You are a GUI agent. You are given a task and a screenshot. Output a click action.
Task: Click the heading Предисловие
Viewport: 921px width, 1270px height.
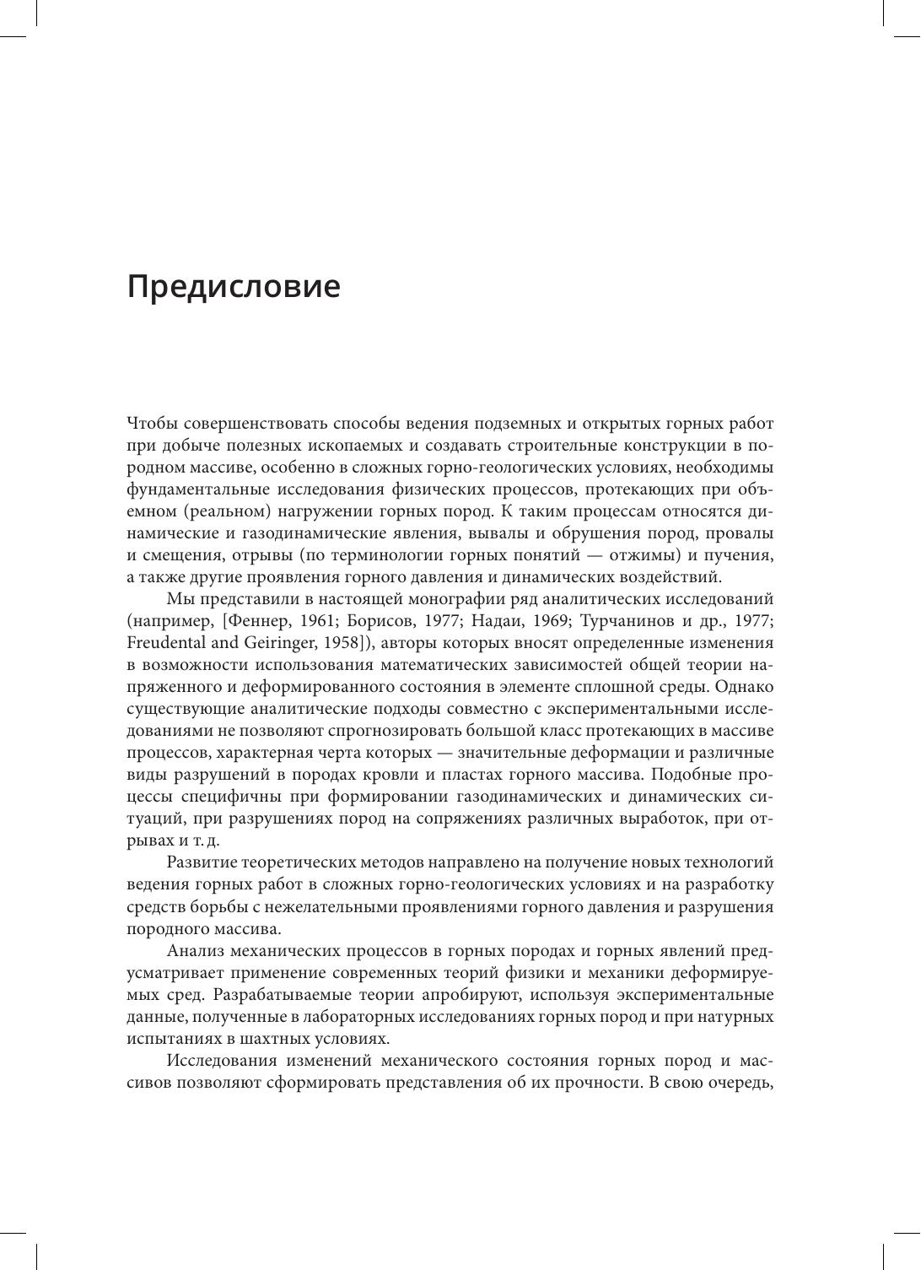coord(234,287)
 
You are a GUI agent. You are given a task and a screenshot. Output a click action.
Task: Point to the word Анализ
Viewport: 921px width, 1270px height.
coord(194,951)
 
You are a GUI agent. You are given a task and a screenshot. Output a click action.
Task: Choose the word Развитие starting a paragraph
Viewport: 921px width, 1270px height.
coord(201,862)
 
